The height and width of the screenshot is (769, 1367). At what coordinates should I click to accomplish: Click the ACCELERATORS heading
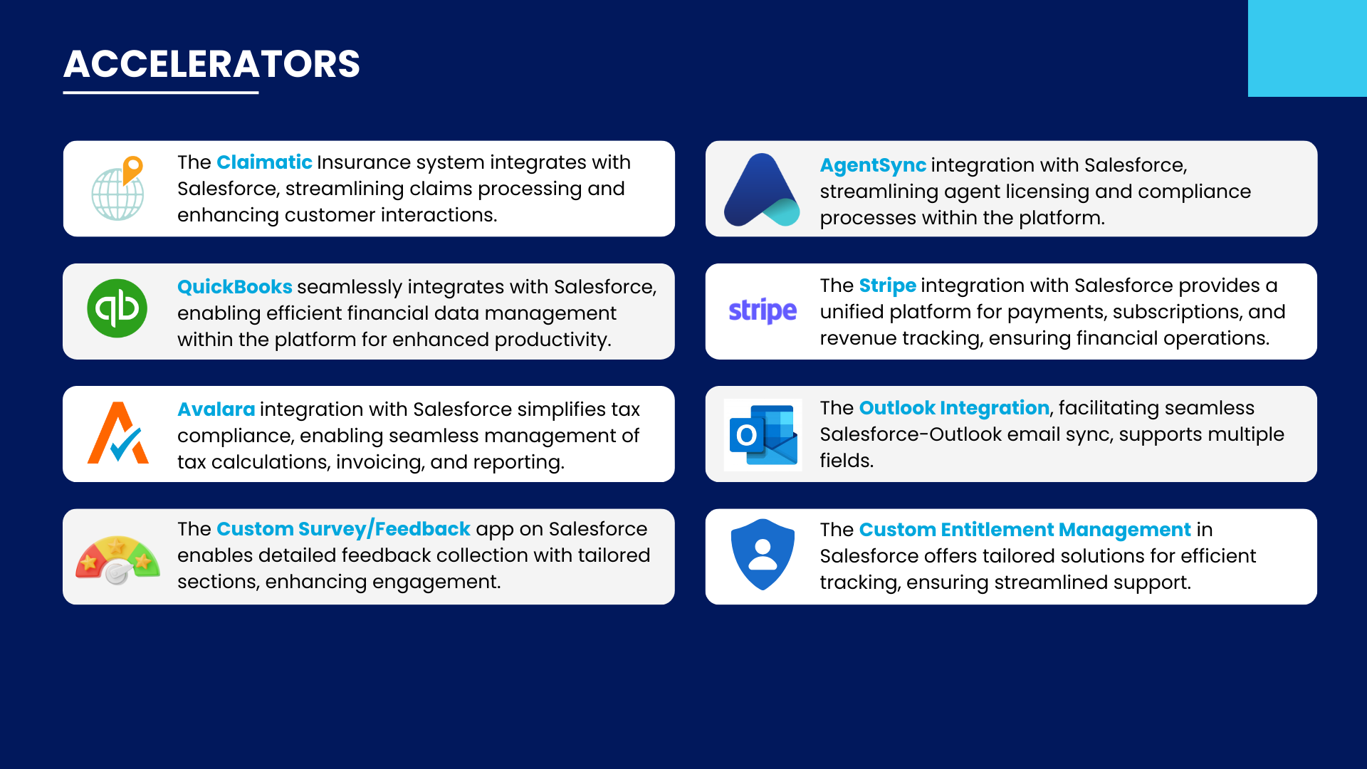click(211, 64)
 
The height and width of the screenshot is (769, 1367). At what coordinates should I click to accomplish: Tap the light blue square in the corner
click(1307, 48)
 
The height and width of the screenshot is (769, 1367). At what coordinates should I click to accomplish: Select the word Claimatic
click(264, 162)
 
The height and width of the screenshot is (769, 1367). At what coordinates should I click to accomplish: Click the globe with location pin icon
click(117, 189)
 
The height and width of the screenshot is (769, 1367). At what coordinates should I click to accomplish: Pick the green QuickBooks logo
click(117, 308)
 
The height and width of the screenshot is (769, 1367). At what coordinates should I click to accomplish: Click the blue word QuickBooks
click(234, 287)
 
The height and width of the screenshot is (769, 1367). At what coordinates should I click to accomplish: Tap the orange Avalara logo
click(118, 433)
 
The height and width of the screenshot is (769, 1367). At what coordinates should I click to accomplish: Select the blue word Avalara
click(216, 409)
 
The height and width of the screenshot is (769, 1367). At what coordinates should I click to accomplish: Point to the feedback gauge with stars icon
click(118, 560)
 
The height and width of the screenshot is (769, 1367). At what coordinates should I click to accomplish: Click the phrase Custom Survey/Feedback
click(343, 529)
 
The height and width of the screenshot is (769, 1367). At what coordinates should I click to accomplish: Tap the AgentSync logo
click(762, 189)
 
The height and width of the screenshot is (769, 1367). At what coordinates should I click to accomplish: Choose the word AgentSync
click(873, 165)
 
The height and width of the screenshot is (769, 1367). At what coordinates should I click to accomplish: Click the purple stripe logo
click(763, 311)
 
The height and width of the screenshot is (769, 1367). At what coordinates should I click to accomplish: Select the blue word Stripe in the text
click(887, 286)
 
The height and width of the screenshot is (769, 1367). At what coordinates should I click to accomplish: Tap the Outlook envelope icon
click(763, 435)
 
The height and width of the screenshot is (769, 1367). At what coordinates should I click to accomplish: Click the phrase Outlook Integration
click(954, 408)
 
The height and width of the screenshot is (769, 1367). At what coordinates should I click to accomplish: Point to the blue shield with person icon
click(763, 555)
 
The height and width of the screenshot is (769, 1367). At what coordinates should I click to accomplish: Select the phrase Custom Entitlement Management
click(1025, 530)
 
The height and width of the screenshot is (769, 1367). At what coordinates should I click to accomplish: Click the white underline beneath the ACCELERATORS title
click(161, 93)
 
